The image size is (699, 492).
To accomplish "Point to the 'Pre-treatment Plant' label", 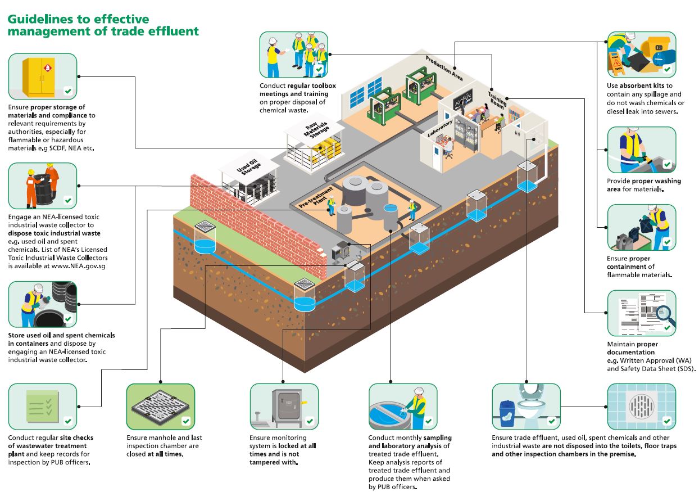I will coord(314,202).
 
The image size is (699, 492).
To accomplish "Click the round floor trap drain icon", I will coord(641,407).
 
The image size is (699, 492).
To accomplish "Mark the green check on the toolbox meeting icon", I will coord(320,70).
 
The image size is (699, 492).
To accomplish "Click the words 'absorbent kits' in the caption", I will coord(641,86).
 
